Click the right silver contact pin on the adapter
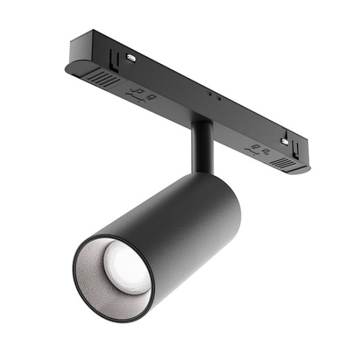(x=285, y=141)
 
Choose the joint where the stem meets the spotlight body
(x=202, y=173)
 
